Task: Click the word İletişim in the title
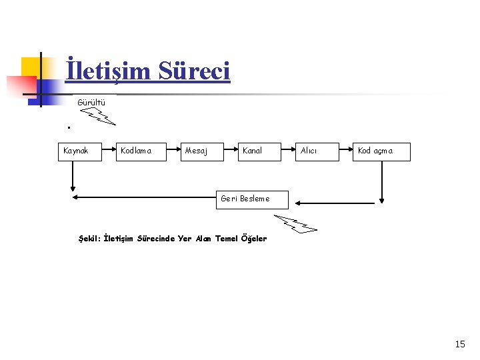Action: pos(108,70)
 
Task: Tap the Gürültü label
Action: pos(91,102)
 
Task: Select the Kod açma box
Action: pos(381,151)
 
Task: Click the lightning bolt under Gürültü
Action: pos(101,117)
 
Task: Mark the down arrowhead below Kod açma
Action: pos(382,198)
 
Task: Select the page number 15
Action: pos(460,344)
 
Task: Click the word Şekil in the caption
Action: pos(89,239)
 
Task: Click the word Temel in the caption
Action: pos(227,239)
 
